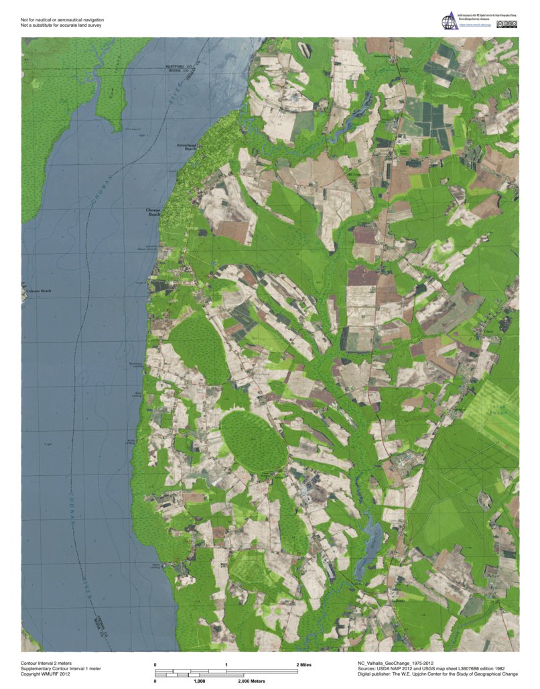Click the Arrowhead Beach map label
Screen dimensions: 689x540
click(185, 145)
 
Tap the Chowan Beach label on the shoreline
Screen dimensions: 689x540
click(153, 212)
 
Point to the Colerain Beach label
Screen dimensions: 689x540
click(39, 291)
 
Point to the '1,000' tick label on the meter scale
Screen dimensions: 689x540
click(199, 680)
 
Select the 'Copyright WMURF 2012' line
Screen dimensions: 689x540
click(46, 673)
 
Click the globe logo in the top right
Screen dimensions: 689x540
click(448, 21)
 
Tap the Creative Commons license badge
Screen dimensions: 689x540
click(507, 25)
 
